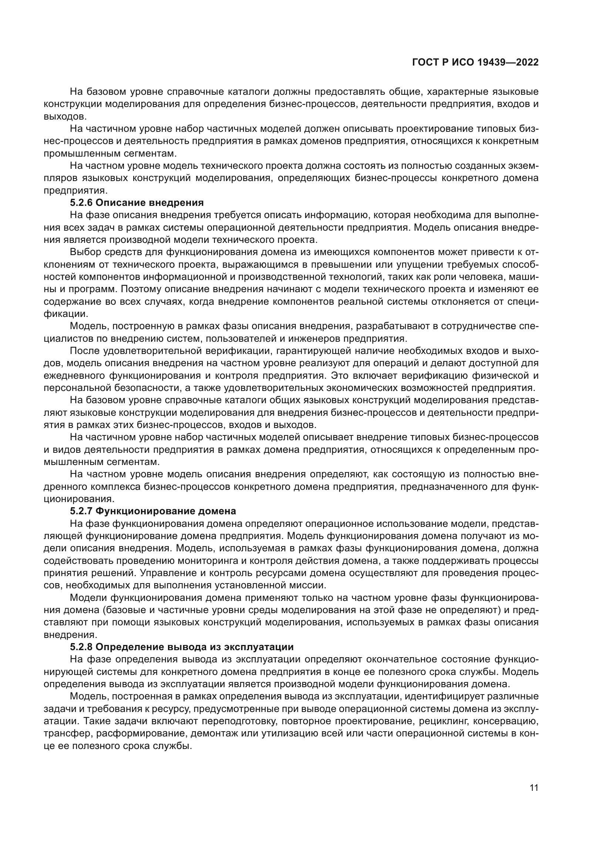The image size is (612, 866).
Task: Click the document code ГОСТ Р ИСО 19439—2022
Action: pyautogui.click(x=475, y=63)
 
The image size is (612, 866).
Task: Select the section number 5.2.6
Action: pyautogui.click(x=81, y=203)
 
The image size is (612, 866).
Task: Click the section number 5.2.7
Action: pyautogui.click(x=81, y=511)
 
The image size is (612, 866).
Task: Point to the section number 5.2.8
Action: pyautogui.click(x=81, y=647)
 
